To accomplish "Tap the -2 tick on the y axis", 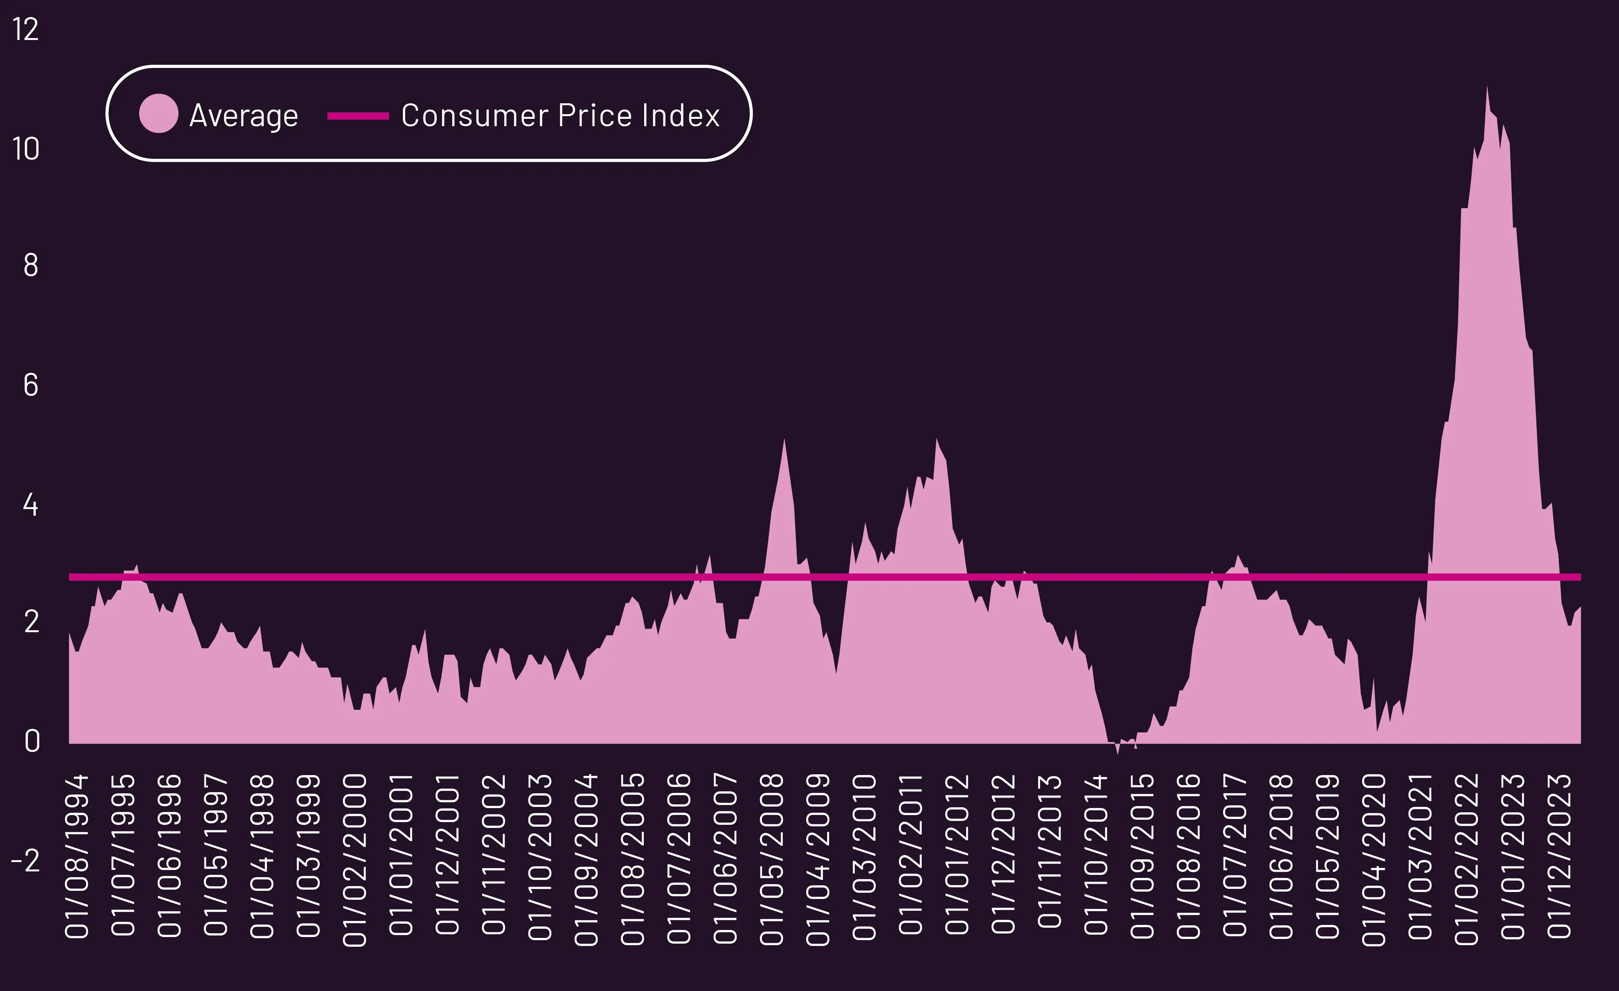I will tap(26, 860).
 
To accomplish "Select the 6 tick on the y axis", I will tap(30, 386).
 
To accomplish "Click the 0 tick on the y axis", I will tap(31, 741).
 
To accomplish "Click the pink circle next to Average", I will tap(159, 114).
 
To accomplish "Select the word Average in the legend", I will tap(244, 116).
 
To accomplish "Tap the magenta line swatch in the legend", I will tap(358, 116).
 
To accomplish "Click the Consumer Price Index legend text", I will tap(561, 116).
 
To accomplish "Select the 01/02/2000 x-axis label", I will tap(355, 859).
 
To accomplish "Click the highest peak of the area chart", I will tap(1487, 87).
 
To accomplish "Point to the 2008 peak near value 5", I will tap(784, 440).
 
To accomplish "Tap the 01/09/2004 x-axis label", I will tap(586, 859).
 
